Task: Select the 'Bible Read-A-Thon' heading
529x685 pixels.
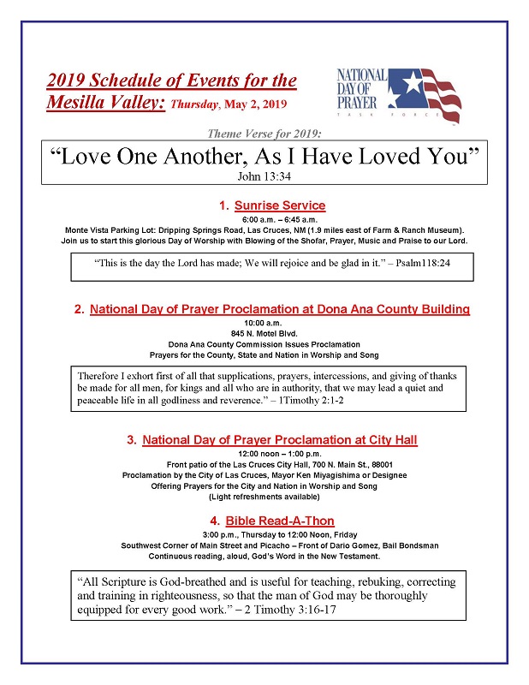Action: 280,521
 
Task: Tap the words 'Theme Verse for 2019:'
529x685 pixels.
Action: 264,134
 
